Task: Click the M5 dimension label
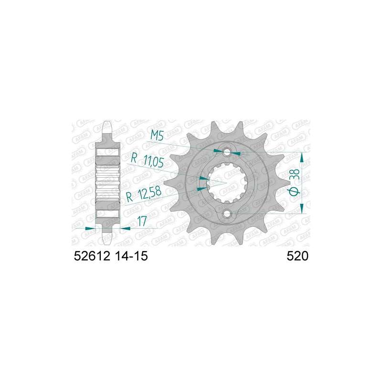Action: pos(157,135)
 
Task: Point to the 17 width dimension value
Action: pos(142,221)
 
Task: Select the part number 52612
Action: pos(92,256)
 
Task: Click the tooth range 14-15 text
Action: pos(131,256)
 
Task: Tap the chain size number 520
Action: pos(297,256)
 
